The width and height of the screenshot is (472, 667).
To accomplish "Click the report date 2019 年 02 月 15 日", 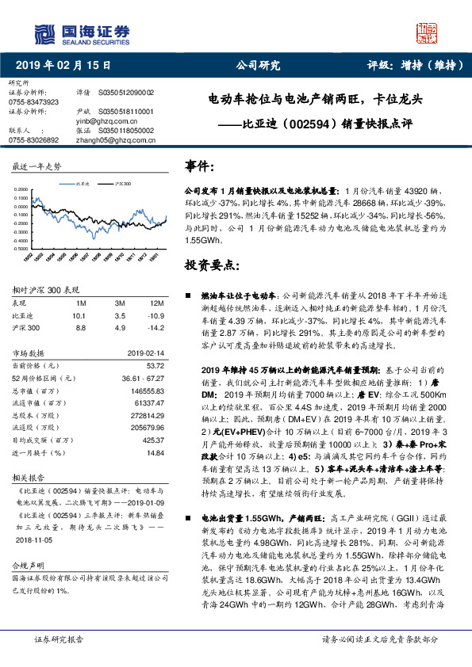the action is [64, 66].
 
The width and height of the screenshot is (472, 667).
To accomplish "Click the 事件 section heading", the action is [200, 167].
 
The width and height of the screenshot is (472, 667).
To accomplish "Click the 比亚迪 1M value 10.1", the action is [78, 315].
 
